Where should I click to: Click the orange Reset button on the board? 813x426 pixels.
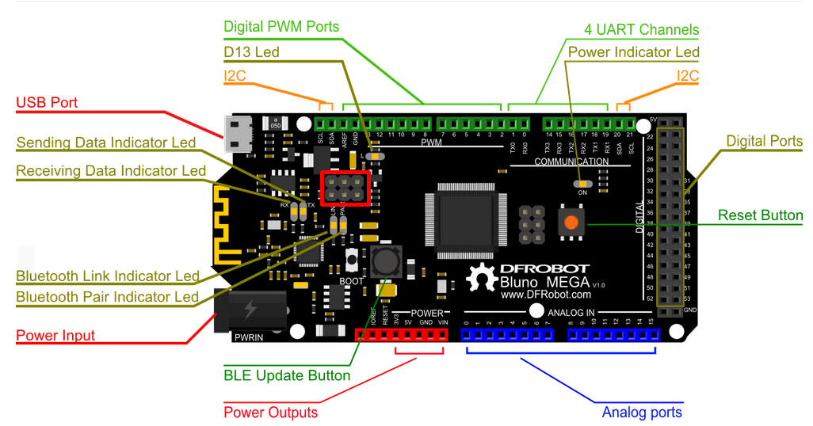click(x=569, y=223)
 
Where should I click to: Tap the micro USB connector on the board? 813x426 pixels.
click(x=237, y=134)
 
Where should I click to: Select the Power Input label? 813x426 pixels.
click(x=55, y=336)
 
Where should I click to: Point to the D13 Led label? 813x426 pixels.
click(x=251, y=52)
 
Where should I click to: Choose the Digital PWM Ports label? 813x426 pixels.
click(x=281, y=27)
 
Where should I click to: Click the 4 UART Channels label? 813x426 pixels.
click(x=642, y=30)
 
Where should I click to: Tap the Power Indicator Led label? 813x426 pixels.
click(x=634, y=52)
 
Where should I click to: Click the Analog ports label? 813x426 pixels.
click(x=642, y=413)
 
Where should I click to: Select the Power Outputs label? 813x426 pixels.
click(x=270, y=413)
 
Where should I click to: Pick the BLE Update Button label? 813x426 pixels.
click(x=287, y=375)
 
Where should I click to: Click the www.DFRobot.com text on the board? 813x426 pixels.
click(x=546, y=295)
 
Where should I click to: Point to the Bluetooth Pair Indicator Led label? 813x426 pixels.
click(x=108, y=297)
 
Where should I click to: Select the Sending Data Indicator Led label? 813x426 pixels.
click(x=106, y=143)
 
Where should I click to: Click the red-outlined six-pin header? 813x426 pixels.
click(x=345, y=188)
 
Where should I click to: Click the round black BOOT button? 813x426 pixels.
click(x=386, y=261)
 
